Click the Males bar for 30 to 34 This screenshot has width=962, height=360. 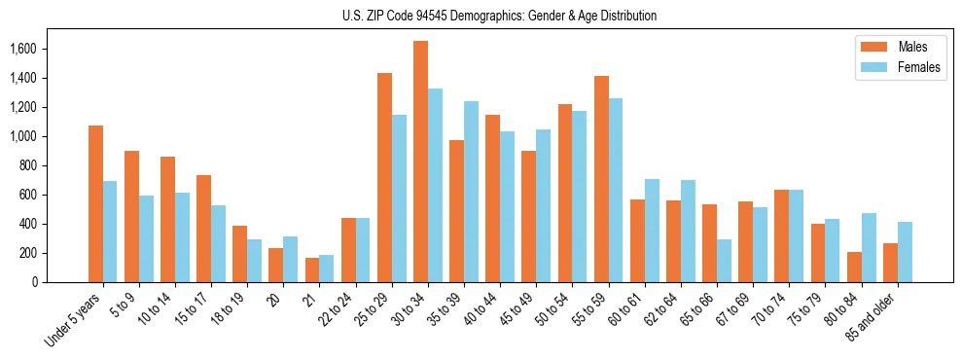(420, 162)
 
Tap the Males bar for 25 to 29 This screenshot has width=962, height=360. (384, 177)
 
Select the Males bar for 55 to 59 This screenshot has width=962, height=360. (601, 179)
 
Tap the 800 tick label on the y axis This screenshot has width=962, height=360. (27, 165)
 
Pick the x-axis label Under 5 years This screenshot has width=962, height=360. (76, 320)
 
